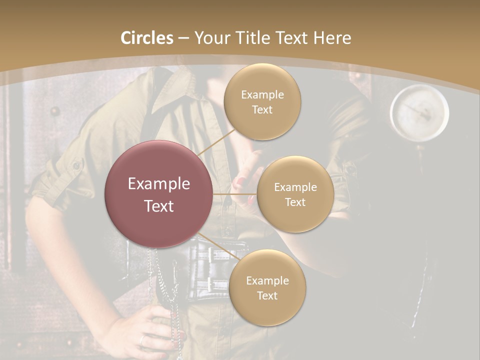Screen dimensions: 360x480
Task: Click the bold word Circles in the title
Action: pyautogui.click(x=146, y=38)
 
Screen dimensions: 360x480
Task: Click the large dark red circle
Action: pyautogui.click(x=159, y=194)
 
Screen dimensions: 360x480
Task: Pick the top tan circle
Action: pyautogui.click(x=262, y=101)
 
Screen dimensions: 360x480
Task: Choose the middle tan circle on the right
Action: pyautogui.click(x=295, y=194)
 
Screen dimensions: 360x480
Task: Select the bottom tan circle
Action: pyautogui.click(x=267, y=287)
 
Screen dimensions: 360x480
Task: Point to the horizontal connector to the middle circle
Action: pyautogui.click(x=234, y=194)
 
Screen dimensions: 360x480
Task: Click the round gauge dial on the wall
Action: pyautogui.click(x=419, y=112)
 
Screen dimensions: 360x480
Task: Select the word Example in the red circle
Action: pyautogui.click(x=159, y=184)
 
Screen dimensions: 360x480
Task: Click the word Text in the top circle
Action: pyautogui.click(x=262, y=109)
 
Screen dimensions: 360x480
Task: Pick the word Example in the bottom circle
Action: pyautogui.click(x=267, y=280)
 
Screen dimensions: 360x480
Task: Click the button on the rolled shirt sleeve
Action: pyautogui.click(x=76, y=164)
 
